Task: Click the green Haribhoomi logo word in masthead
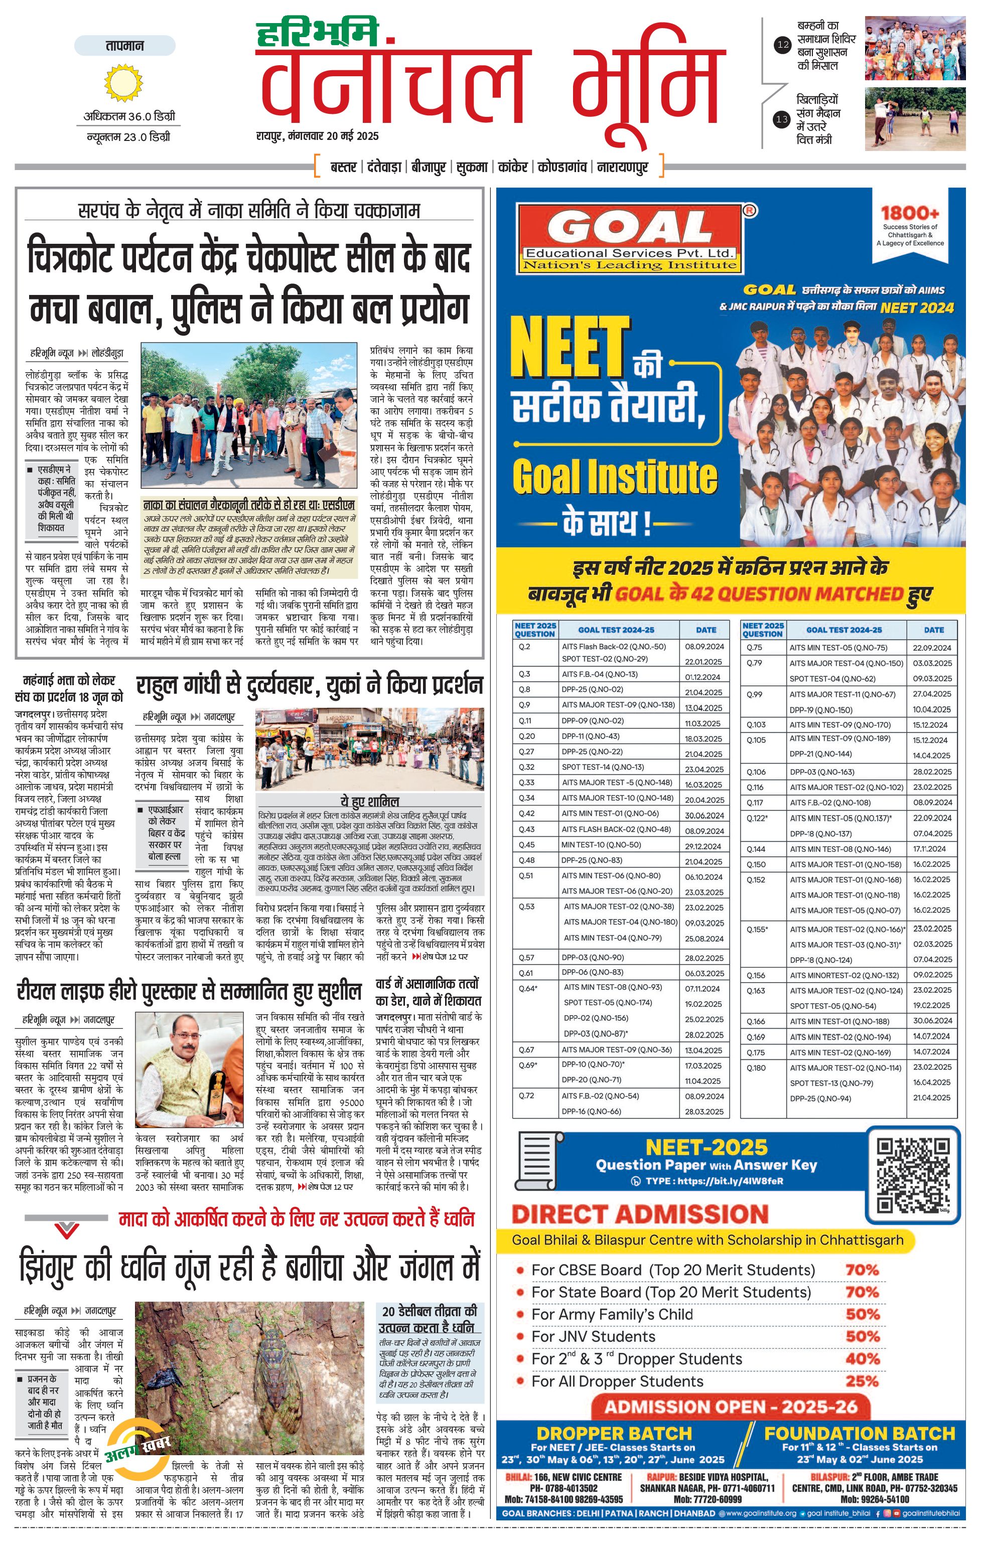tap(317, 34)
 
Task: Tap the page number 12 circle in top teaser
tap(782, 45)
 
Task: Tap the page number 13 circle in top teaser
tap(782, 119)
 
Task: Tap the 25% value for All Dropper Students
tap(862, 1381)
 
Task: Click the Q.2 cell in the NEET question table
tap(524, 647)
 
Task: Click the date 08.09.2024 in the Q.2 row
tap(704, 647)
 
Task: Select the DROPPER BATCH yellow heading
tap(614, 1434)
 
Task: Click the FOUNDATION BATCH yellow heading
tap(859, 1434)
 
